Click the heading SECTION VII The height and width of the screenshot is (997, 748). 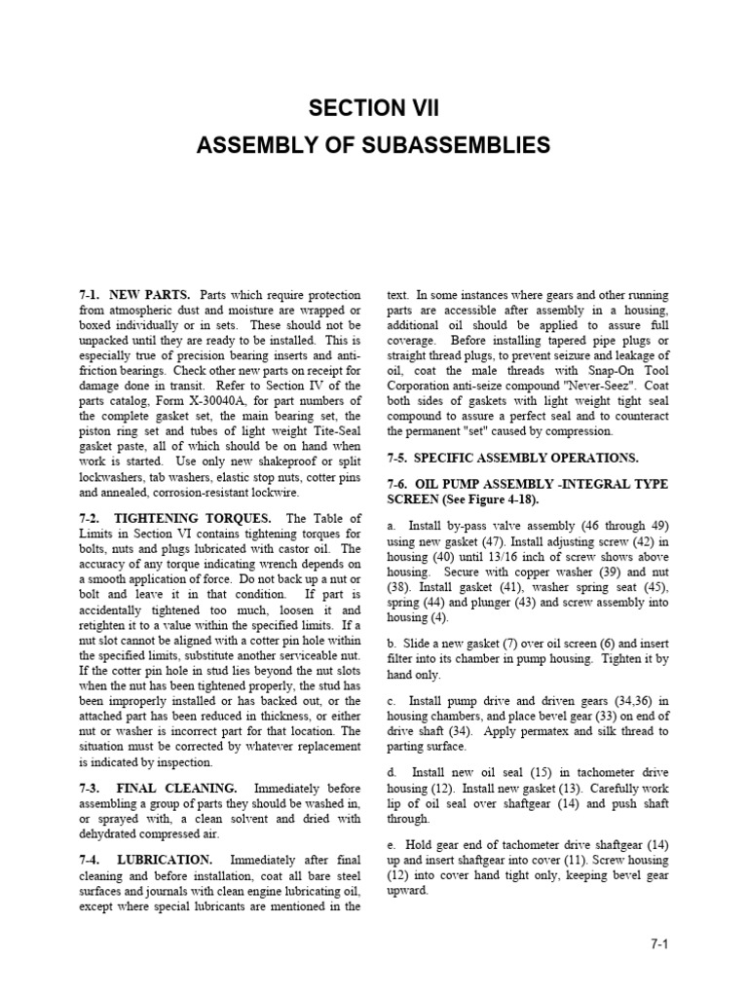pyautogui.click(x=373, y=106)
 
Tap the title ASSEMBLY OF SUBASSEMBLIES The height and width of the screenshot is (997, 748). pyautogui.click(x=373, y=146)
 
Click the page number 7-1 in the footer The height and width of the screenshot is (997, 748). pyautogui.click(x=664, y=943)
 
